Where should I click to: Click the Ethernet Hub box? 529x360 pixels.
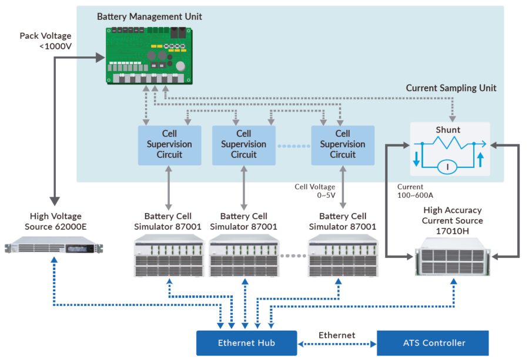click(x=246, y=343)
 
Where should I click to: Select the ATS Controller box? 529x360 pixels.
click(x=434, y=343)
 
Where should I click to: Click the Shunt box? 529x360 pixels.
click(x=449, y=149)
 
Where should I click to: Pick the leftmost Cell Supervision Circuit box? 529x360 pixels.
click(x=169, y=144)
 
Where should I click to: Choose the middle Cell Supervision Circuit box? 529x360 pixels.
click(x=243, y=144)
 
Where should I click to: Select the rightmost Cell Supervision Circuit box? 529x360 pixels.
click(x=342, y=144)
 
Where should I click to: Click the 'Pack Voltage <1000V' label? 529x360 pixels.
click(x=46, y=41)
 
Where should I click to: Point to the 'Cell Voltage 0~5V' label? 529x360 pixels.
click(x=315, y=191)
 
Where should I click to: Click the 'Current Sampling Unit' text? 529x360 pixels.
click(x=451, y=88)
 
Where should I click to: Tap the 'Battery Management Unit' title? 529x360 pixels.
click(x=149, y=16)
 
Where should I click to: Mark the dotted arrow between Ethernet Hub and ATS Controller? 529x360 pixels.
click(x=336, y=344)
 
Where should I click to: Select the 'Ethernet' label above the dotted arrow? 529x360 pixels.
click(x=337, y=335)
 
